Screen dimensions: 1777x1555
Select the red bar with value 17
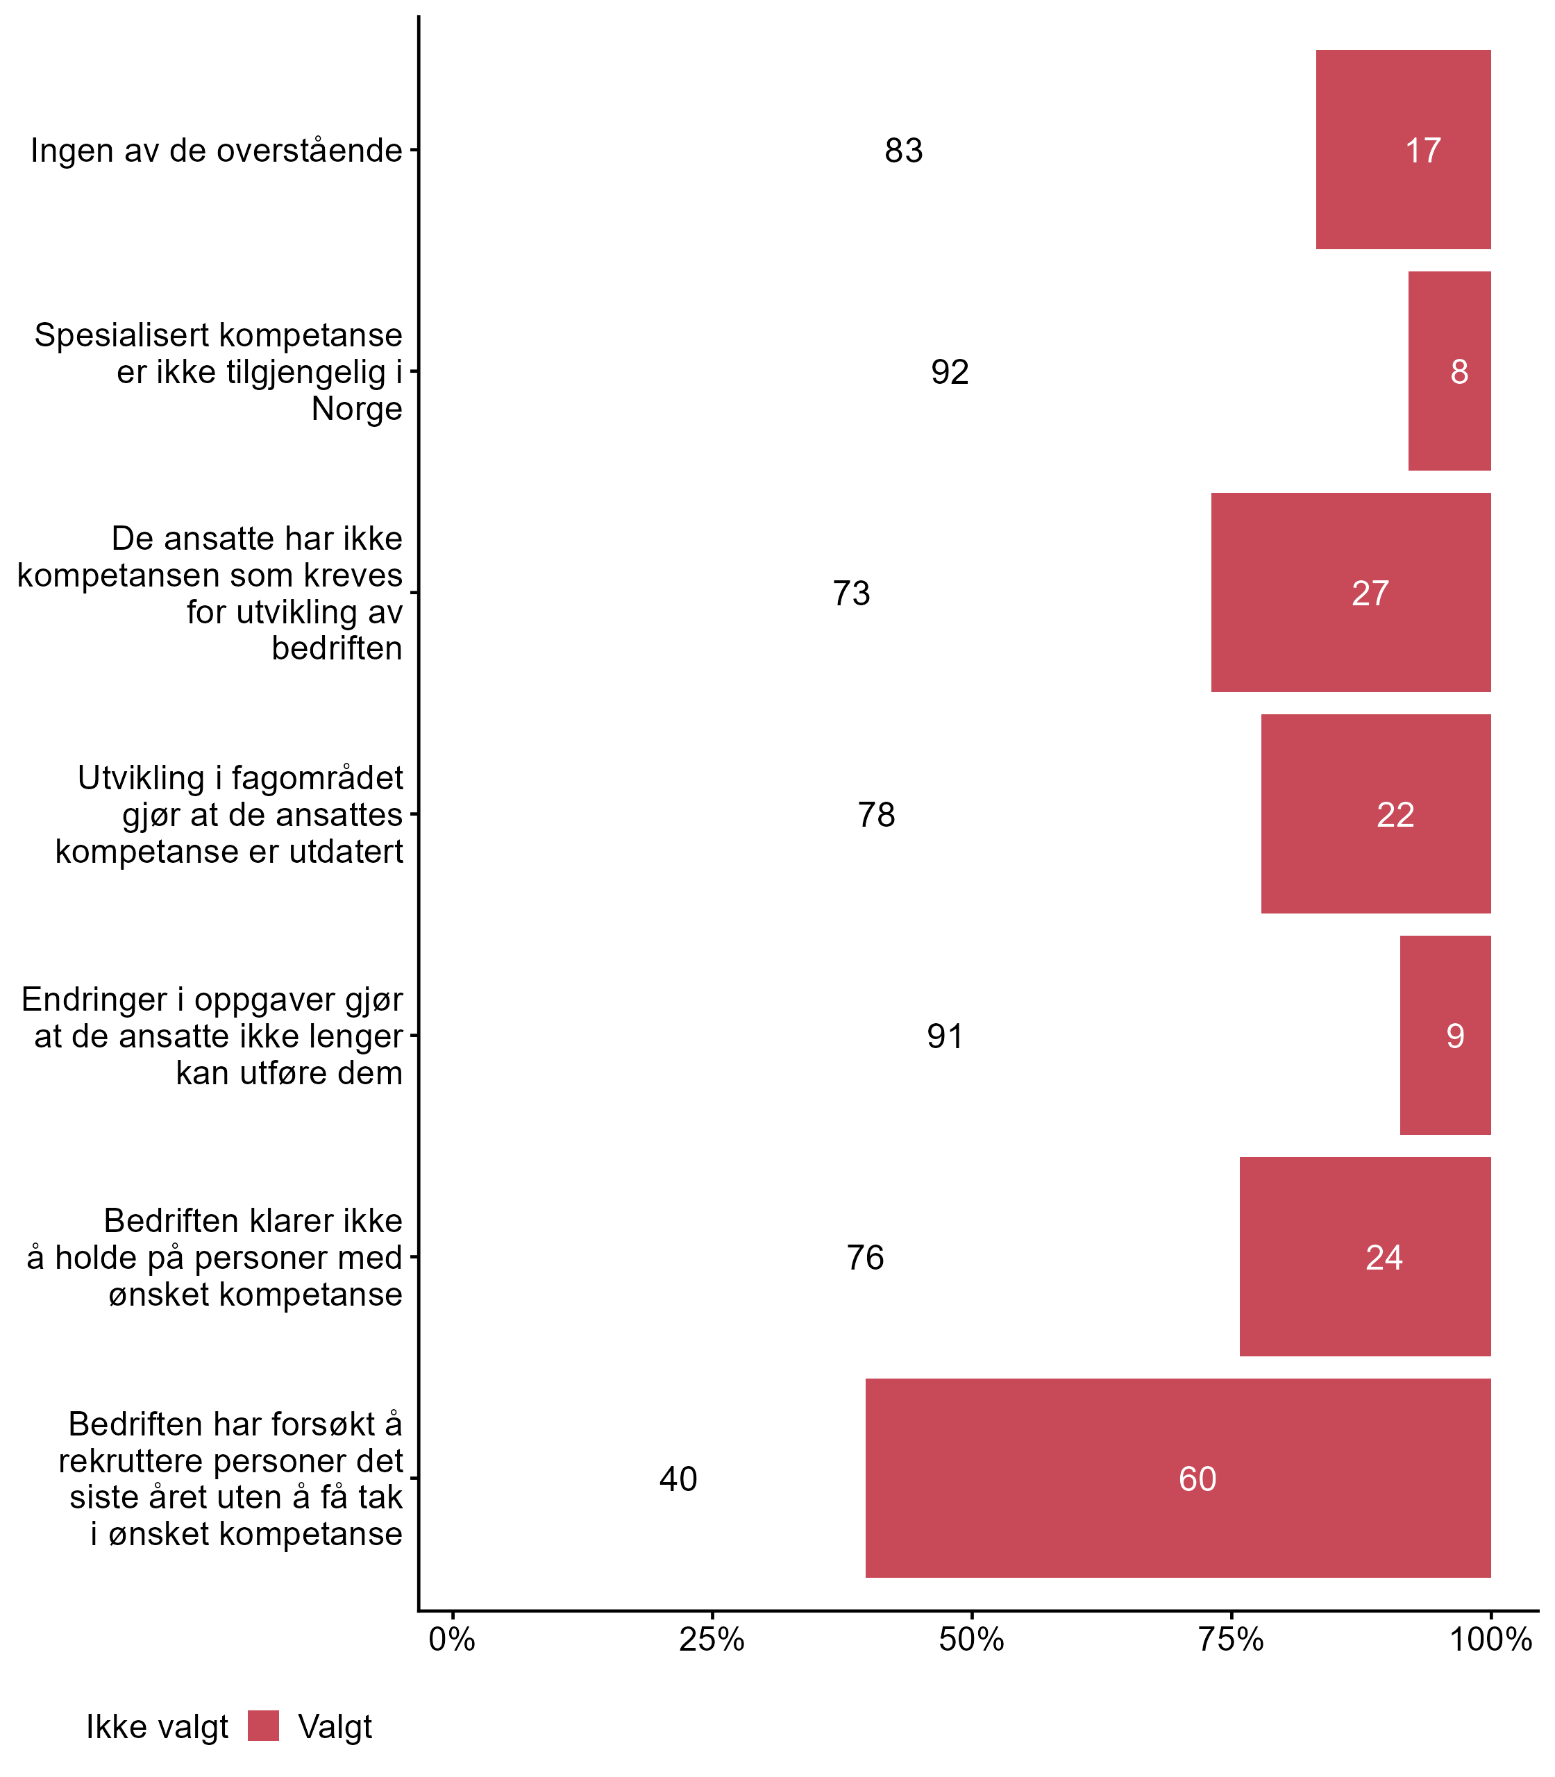pyautogui.click(x=1403, y=150)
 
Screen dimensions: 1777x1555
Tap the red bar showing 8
pyautogui.click(x=1449, y=371)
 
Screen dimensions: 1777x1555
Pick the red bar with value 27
pyautogui.click(x=1350, y=593)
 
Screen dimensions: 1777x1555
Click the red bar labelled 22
pyautogui.click(x=1375, y=814)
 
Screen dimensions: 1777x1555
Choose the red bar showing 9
pyautogui.click(x=1445, y=1035)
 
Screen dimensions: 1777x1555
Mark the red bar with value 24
pyautogui.click(x=1365, y=1256)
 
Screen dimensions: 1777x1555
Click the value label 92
pyautogui.click(x=950, y=372)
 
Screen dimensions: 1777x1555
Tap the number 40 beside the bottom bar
pyautogui.click(x=678, y=1479)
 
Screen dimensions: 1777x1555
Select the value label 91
pyautogui.click(x=945, y=1036)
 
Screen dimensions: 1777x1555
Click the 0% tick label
pyautogui.click(x=452, y=1639)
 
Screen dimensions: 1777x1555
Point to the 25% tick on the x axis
pyautogui.click(x=712, y=1639)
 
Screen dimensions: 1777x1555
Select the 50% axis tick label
pyautogui.click(x=971, y=1639)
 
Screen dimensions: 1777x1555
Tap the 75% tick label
pyautogui.click(x=1230, y=1639)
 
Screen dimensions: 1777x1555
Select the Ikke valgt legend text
pyautogui.click(x=157, y=1727)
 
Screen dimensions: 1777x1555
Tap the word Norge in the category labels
pyautogui.click(x=357, y=409)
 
